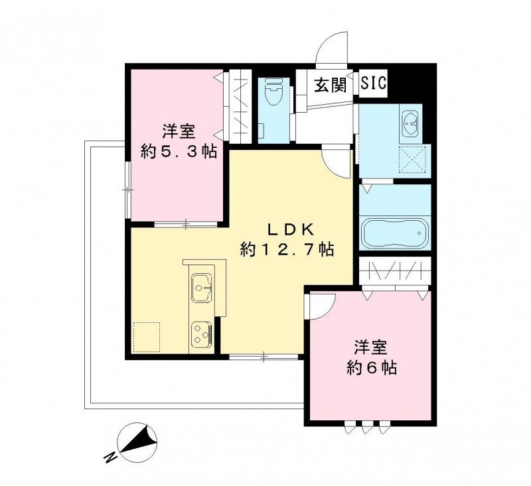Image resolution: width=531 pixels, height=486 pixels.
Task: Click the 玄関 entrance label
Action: [x=331, y=86]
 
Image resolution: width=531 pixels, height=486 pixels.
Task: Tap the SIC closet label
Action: [x=374, y=85]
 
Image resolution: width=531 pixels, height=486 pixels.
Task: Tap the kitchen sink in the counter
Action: [x=202, y=287]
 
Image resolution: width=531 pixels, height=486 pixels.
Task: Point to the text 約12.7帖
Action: [x=287, y=249]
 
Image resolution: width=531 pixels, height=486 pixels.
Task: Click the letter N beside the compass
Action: [x=109, y=457]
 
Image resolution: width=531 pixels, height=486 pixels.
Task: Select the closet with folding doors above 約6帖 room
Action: [x=395, y=273]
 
